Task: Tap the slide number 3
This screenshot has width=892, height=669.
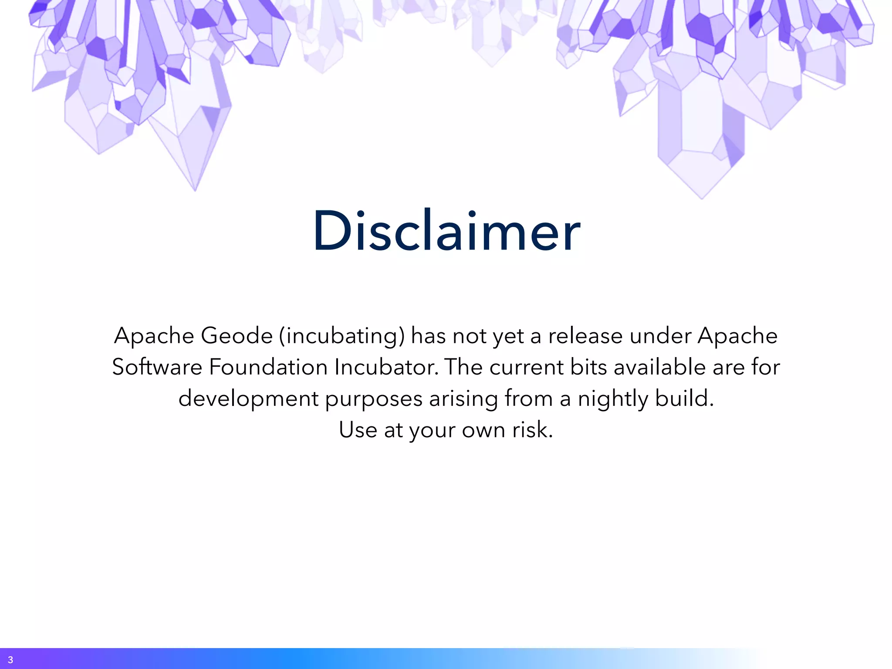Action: point(10,660)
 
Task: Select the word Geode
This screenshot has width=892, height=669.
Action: point(237,336)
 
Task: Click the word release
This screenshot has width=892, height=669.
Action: point(585,336)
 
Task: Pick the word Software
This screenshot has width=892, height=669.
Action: point(157,367)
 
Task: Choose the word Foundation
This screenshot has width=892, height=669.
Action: point(268,367)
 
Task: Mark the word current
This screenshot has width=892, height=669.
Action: point(526,367)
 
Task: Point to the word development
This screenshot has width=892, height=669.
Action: point(248,399)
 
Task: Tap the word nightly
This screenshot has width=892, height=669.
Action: point(613,399)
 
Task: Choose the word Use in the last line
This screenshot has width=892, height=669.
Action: point(358,430)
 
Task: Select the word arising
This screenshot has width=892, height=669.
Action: point(463,399)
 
